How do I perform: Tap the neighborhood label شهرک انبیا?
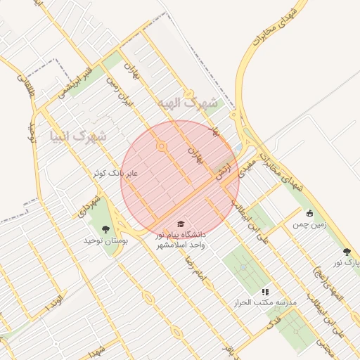[x=79, y=135]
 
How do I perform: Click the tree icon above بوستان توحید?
[x=105, y=229]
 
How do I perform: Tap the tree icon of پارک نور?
[x=346, y=251]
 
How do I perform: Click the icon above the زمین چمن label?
[x=309, y=213]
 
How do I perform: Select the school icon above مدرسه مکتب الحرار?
[x=265, y=291]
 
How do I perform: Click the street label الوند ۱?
[x=54, y=306]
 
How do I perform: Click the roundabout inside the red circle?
[x=162, y=147]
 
